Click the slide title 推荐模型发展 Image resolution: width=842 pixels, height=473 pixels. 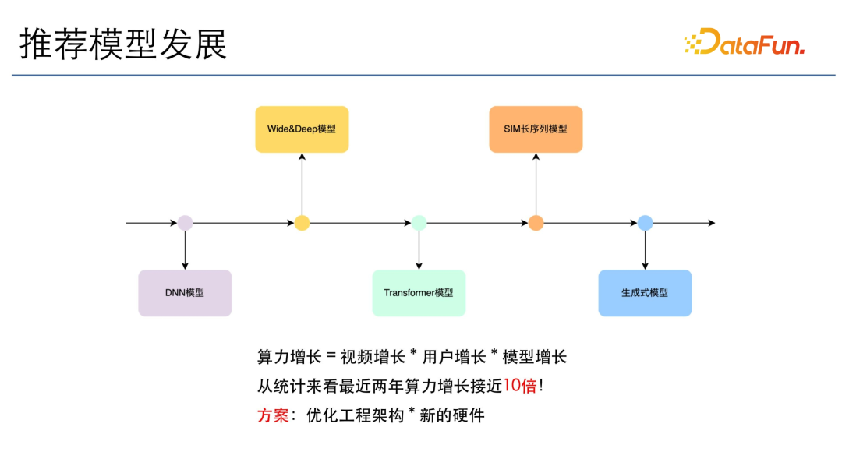(123, 46)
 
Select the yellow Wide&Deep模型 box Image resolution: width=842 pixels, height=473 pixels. (302, 129)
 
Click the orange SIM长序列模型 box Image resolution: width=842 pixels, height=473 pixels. (536, 129)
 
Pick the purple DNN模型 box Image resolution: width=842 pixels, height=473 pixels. (185, 293)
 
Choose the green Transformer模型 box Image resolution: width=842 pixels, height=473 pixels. (419, 293)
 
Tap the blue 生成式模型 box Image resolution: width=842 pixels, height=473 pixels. (645, 293)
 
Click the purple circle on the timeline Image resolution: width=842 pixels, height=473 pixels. (185, 223)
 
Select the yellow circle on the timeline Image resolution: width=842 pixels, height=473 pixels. (302, 223)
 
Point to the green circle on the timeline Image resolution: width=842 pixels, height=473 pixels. (419, 223)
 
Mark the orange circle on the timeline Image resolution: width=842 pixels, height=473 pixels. (536, 223)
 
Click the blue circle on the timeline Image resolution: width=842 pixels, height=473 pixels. (645, 223)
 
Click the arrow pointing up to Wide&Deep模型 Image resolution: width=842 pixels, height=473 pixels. (302, 183)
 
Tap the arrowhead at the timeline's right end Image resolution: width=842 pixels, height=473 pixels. (711, 223)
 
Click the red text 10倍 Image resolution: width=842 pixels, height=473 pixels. (520, 386)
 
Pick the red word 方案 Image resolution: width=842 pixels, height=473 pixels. (273, 415)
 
